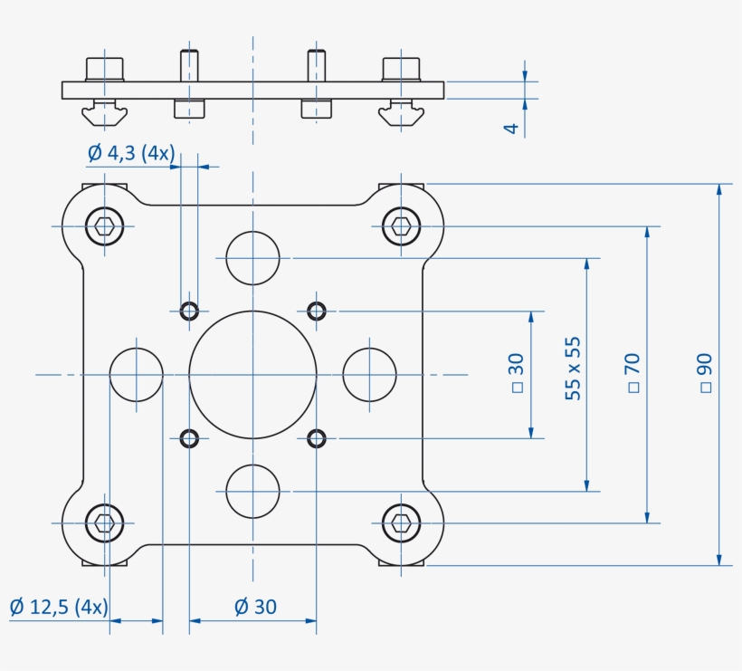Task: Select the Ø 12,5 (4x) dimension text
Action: tap(59, 606)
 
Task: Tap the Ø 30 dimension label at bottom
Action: tap(255, 606)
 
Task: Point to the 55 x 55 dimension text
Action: tap(573, 369)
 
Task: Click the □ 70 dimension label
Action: tap(633, 372)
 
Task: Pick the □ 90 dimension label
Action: tap(706, 372)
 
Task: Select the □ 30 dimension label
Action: tap(516, 372)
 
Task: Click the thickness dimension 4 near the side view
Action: tap(511, 129)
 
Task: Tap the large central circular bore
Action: tap(252, 374)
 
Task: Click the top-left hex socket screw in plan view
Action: tap(105, 225)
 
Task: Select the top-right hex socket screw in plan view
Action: tap(401, 225)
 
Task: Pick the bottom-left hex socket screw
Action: tap(105, 522)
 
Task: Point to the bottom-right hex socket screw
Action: tap(401, 522)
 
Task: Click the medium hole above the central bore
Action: tap(252, 257)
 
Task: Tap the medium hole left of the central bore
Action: tap(136, 374)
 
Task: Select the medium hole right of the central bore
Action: tap(370, 374)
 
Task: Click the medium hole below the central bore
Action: tap(252, 491)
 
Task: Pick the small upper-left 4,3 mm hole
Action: tap(189, 311)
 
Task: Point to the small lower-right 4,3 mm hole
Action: tap(316, 438)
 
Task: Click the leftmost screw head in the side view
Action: tap(104, 69)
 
